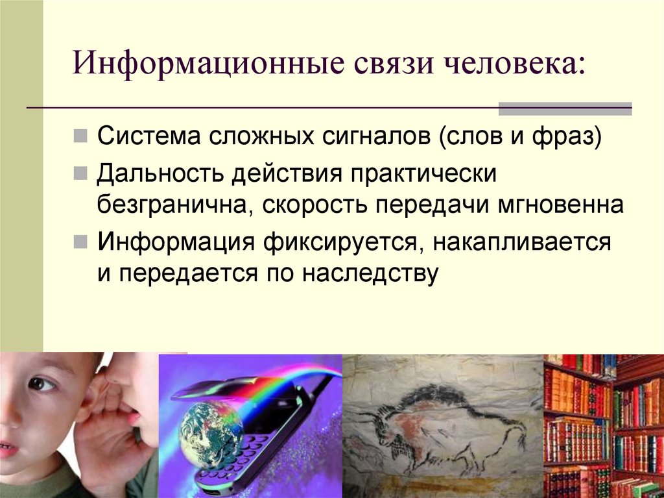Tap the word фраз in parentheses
[568, 139]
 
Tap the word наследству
[369, 273]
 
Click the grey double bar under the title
[564, 108]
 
